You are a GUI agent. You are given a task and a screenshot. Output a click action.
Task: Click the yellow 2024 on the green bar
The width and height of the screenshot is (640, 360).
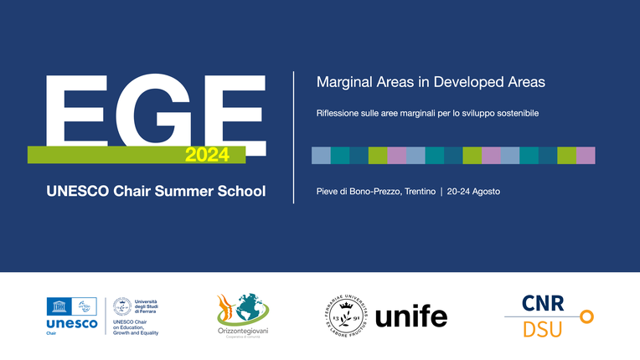tap(202, 155)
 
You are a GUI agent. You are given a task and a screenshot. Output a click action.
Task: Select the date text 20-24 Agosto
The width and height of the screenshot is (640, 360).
tap(473, 192)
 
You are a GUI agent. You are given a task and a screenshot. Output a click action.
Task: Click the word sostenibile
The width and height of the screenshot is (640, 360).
tap(514, 112)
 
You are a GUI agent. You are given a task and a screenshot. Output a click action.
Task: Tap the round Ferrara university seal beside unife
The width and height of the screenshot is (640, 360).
tap(346, 316)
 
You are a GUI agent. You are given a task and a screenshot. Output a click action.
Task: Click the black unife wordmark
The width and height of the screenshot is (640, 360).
tap(411, 317)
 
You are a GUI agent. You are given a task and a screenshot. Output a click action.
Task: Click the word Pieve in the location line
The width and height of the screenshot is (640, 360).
tap(328, 192)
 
